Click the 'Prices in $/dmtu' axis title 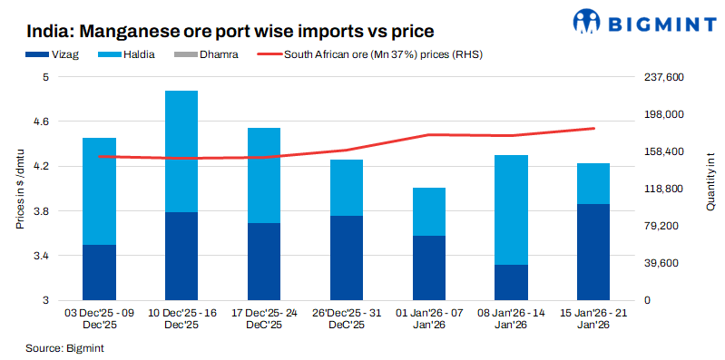pyautogui.click(x=20, y=189)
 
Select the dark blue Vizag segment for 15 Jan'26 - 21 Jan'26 pyautogui.click(x=593, y=252)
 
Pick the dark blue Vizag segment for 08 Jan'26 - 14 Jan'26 pyautogui.click(x=511, y=282)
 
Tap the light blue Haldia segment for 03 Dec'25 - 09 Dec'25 pyautogui.click(x=99, y=190)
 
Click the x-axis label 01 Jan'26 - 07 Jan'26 pyautogui.click(x=428, y=318)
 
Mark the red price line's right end pyautogui.click(x=593, y=128)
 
